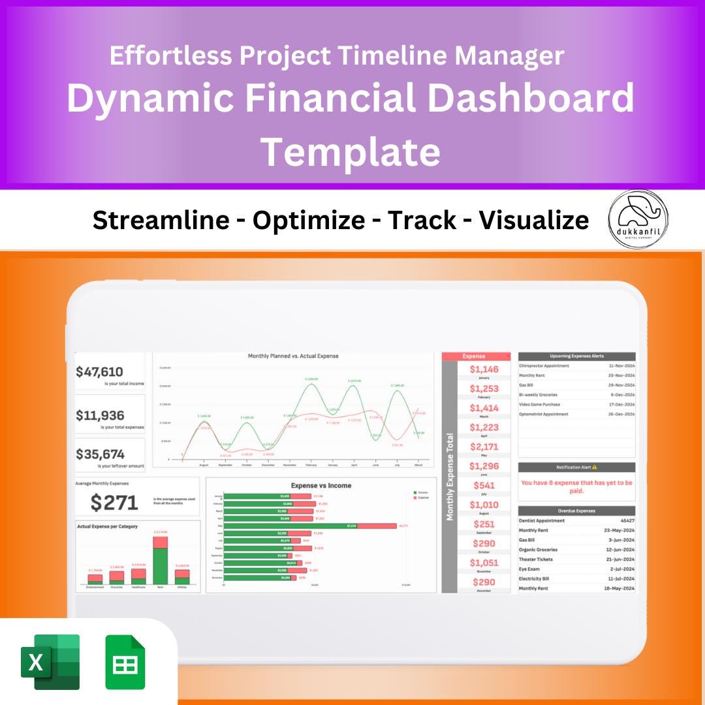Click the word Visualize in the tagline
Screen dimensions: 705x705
click(x=534, y=221)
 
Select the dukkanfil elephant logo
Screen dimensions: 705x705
click(x=638, y=219)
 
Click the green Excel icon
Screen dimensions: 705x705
click(x=50, y=662)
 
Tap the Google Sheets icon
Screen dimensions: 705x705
click(x=125, y=662)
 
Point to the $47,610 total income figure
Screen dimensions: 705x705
click(x=99, y=372)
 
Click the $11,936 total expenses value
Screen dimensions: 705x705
click(x=100, y=415)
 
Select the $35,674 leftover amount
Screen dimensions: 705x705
click(x=100, y=454)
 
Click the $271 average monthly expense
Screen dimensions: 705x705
click(x=114, y=502)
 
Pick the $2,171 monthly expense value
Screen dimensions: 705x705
click(x=484, y=446)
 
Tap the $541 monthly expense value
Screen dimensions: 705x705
click(x=484, y=485)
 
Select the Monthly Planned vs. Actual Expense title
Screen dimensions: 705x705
click(x=293, y=356)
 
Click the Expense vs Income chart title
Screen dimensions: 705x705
click(x=321, y=486)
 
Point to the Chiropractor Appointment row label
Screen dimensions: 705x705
click(x=544, y=366)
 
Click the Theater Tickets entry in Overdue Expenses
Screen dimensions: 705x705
click(x=535, y=559)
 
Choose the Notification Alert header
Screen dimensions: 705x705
click(x=576, y=467)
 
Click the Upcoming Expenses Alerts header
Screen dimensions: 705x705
click(x=576, y=356)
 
